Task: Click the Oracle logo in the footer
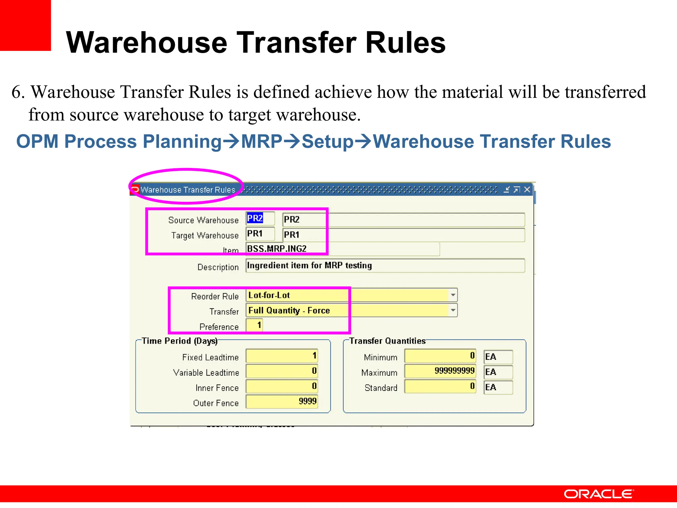(x=598, y=494)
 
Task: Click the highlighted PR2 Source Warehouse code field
(x=260, y=219)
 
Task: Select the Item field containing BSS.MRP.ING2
(x=342, y=249)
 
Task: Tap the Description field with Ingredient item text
(x=385, y=266)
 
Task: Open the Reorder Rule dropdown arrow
(x=453, y=295)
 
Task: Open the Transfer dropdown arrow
(x=453, y=310)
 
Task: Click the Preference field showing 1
(x=254, y=325)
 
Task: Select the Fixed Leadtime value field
(x=282, y=356)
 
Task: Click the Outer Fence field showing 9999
(x=282, y=402)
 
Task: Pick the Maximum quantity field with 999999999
(x=440, y=371)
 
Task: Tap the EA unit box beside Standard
(x=498, y=387)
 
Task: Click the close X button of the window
(x=527, y=190)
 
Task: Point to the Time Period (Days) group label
(x=179, y=341)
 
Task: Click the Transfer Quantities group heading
(x=387, y=341)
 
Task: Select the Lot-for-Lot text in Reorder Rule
(x=269, y=295)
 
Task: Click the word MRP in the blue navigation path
(x=261, y=142)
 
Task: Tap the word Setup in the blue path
(x=328, y=142)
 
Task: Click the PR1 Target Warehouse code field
(x=260, y=234)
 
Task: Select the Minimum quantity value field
(x=440, y=356)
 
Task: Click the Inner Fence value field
(x=282, y=386)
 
